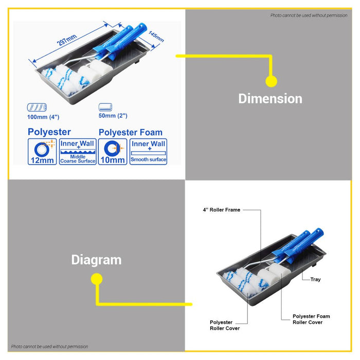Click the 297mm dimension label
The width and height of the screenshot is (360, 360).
coord(66,40)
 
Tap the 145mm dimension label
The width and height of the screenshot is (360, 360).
coord(156,37)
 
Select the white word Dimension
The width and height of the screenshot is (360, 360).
coord(270,99)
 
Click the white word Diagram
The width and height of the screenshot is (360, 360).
coord(96,260)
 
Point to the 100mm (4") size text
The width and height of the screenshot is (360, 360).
coord(43,117)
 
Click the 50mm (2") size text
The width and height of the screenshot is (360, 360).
coord(113,116)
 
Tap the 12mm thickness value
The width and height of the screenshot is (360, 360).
coord(42,160)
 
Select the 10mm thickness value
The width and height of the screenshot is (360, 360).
coord(113,160)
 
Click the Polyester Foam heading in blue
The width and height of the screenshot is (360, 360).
coord(131,133)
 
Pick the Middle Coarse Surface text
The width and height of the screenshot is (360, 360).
coord(78,159)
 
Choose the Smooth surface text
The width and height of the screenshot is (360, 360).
coord(148,159)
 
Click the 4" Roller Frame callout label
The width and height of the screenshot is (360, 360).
coord(222,210)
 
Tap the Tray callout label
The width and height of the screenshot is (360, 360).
coord(315,279)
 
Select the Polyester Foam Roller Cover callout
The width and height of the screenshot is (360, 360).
coord(311,319)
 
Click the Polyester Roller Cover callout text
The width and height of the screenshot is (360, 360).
coord(225,326)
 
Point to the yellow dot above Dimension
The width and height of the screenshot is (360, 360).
coord(271,81)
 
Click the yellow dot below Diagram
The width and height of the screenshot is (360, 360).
coord(97,279)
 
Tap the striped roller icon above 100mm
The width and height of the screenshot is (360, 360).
coord(37,107)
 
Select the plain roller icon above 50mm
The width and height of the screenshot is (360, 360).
coord(105,107)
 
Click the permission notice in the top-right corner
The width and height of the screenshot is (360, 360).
coord(309,15)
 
